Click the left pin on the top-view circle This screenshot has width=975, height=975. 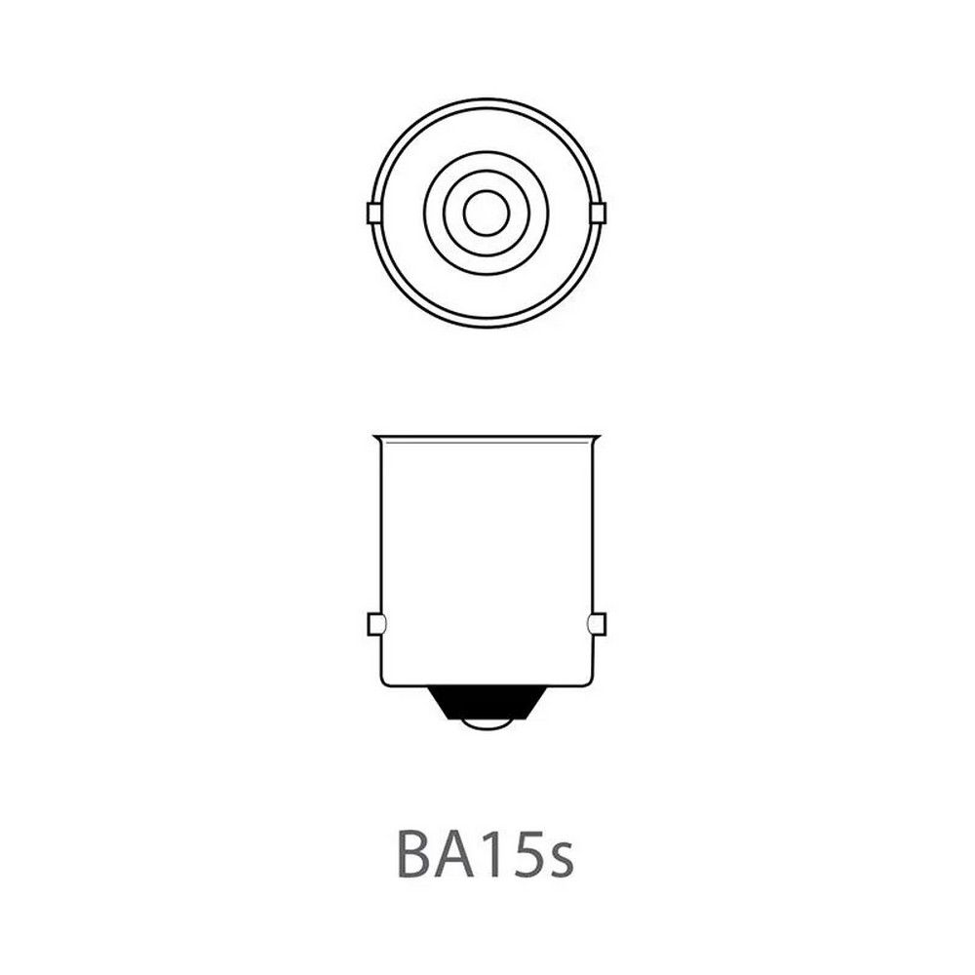click(371, 213)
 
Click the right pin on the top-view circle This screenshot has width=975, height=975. click(600, 213)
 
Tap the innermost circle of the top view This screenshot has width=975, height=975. click(486, 213)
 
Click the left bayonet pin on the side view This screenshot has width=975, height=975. click(376, 624)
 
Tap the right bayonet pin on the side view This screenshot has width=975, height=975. click(597, 624)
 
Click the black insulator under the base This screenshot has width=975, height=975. click(487, 703)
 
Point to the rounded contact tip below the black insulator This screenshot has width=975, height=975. click(487, 724)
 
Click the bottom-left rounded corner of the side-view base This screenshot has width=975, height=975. click(384, 682)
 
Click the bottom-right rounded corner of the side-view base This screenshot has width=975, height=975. click(589, 682)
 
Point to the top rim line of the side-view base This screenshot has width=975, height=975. click(486, 438)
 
